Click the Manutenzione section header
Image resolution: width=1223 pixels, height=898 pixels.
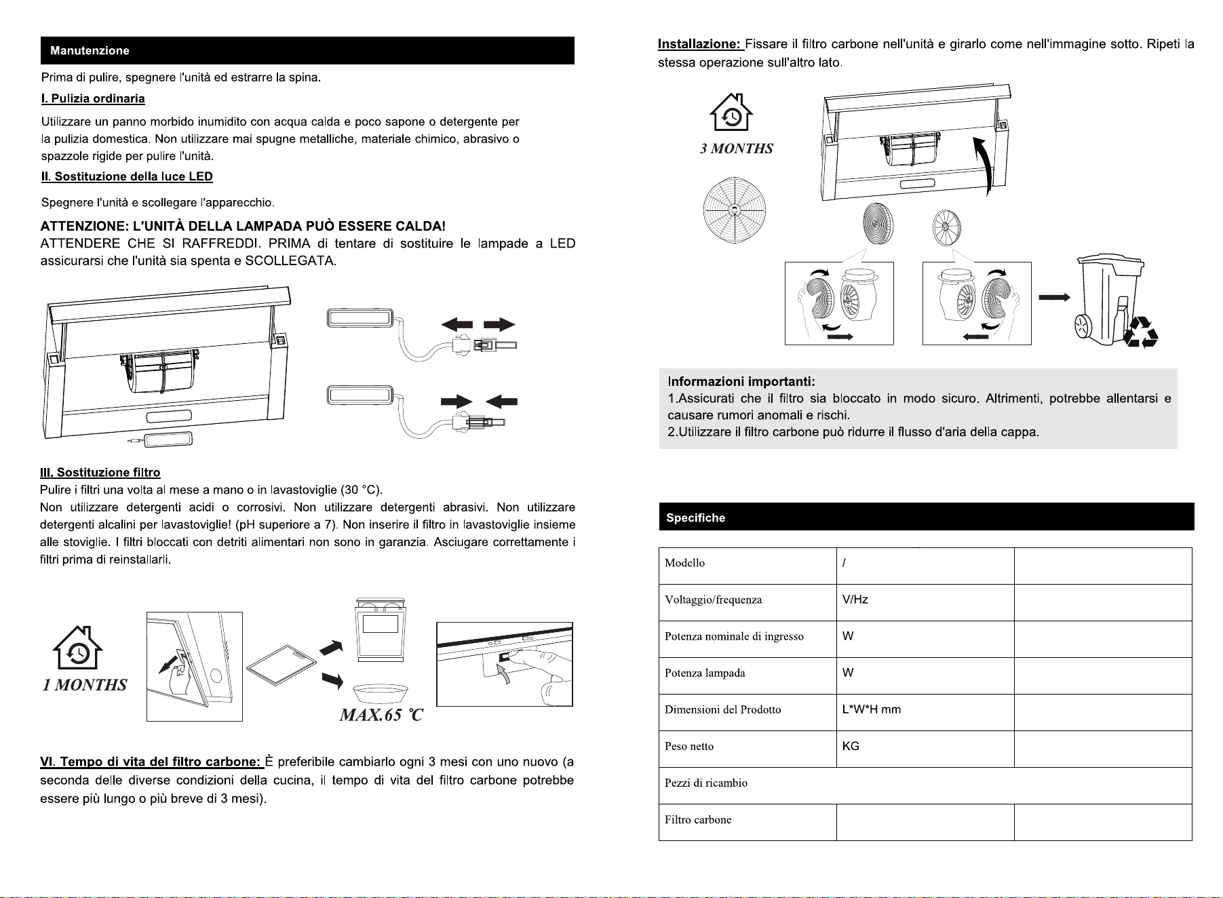click(90, 51)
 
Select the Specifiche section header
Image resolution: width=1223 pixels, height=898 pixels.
click(695, 518)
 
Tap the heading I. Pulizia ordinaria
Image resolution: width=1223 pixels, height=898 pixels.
click(93, 99)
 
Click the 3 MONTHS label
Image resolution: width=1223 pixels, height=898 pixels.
click(736, 149)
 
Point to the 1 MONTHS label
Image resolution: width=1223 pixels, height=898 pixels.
click(85, 685)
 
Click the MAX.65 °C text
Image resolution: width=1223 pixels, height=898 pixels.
click(381, 715)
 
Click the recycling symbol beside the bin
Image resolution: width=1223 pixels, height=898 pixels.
click(1141, 332)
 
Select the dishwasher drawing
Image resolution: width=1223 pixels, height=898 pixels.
click(381, 629)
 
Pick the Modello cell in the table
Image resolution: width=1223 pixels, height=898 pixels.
click(747, 566)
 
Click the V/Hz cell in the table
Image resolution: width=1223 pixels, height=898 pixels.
click(925, 602)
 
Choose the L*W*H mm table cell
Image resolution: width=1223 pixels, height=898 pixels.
click(925, 712)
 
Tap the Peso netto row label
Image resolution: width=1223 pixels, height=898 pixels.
click(689, 746)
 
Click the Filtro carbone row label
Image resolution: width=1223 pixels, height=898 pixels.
click(698, 819)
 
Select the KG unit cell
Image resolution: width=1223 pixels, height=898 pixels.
click(925, 749)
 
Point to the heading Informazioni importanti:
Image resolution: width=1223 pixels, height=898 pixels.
click(741, 381)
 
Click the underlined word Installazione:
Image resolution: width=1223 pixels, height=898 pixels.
click(700, 45)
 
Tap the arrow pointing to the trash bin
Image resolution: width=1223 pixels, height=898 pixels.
click(1054, 297)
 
